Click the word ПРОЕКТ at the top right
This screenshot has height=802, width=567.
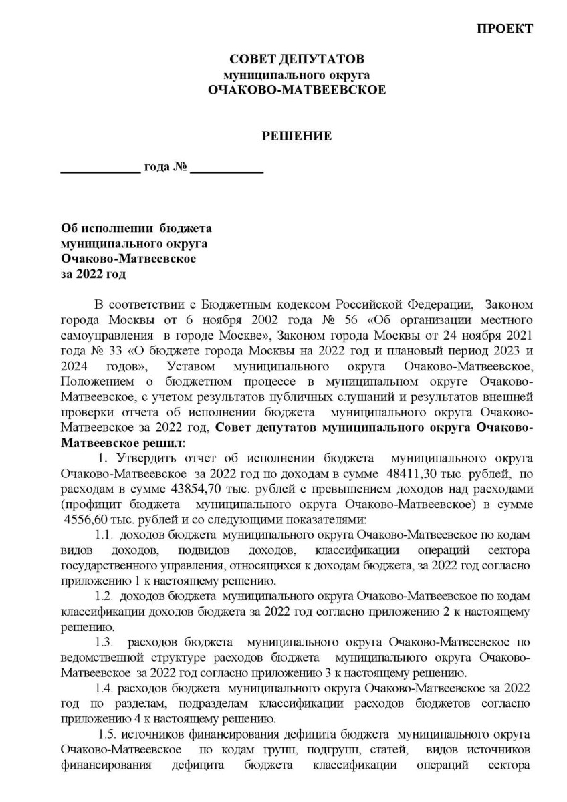(505, 29)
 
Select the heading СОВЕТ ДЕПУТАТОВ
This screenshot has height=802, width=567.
(297, 60)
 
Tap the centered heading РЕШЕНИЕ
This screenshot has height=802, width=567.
(297, 136)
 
